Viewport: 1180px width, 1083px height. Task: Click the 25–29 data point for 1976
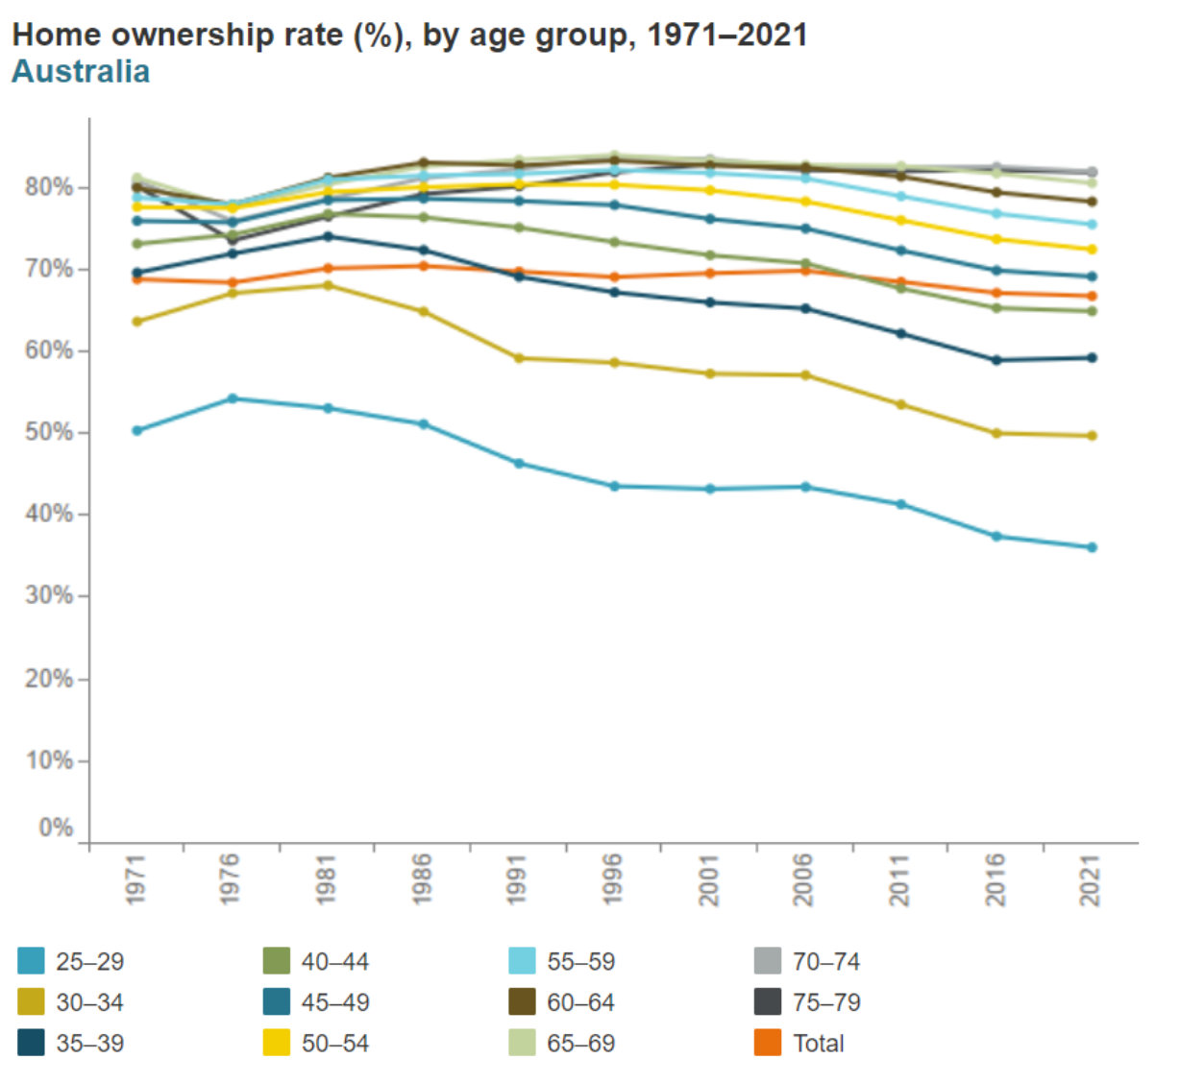(233, 398)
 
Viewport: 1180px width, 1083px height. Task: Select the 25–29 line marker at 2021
(1092, 548)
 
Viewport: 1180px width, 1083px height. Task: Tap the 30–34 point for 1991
(519, 358)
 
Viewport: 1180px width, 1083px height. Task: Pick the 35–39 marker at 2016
(996, 360)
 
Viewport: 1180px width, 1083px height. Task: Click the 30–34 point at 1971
(136, 322)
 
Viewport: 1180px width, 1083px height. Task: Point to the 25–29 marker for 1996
(615, 487)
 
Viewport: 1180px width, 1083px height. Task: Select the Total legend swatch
(768, 1043)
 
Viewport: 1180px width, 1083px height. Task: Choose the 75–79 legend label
(826, 1002)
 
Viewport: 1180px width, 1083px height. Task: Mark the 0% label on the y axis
(56, 828)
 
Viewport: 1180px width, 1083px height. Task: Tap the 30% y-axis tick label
(49, 595)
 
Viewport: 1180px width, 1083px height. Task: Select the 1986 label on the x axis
(422, 879)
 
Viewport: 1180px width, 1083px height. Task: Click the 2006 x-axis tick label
(804, 879)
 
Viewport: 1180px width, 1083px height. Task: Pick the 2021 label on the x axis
(1091, 879)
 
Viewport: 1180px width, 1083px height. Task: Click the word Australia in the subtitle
(81, 71)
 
